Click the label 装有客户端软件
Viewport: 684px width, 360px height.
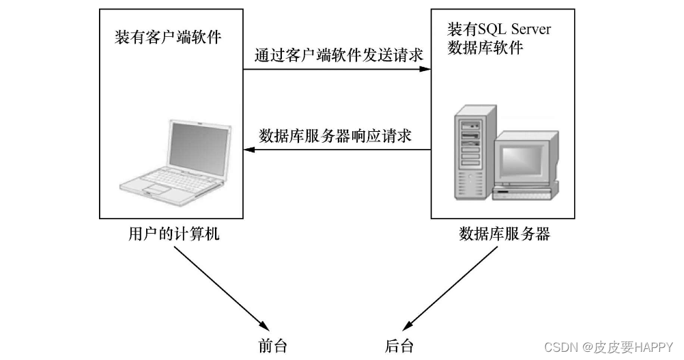click(168, 38)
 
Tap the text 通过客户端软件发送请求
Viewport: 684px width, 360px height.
click(338, 54)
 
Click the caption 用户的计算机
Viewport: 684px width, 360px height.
click(174, 234)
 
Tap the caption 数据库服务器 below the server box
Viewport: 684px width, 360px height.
click(504, 234)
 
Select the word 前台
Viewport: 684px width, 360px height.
click(272, 346)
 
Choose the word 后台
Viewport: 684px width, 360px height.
click(399, 346)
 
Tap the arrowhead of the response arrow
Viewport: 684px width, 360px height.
click(248, 150)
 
